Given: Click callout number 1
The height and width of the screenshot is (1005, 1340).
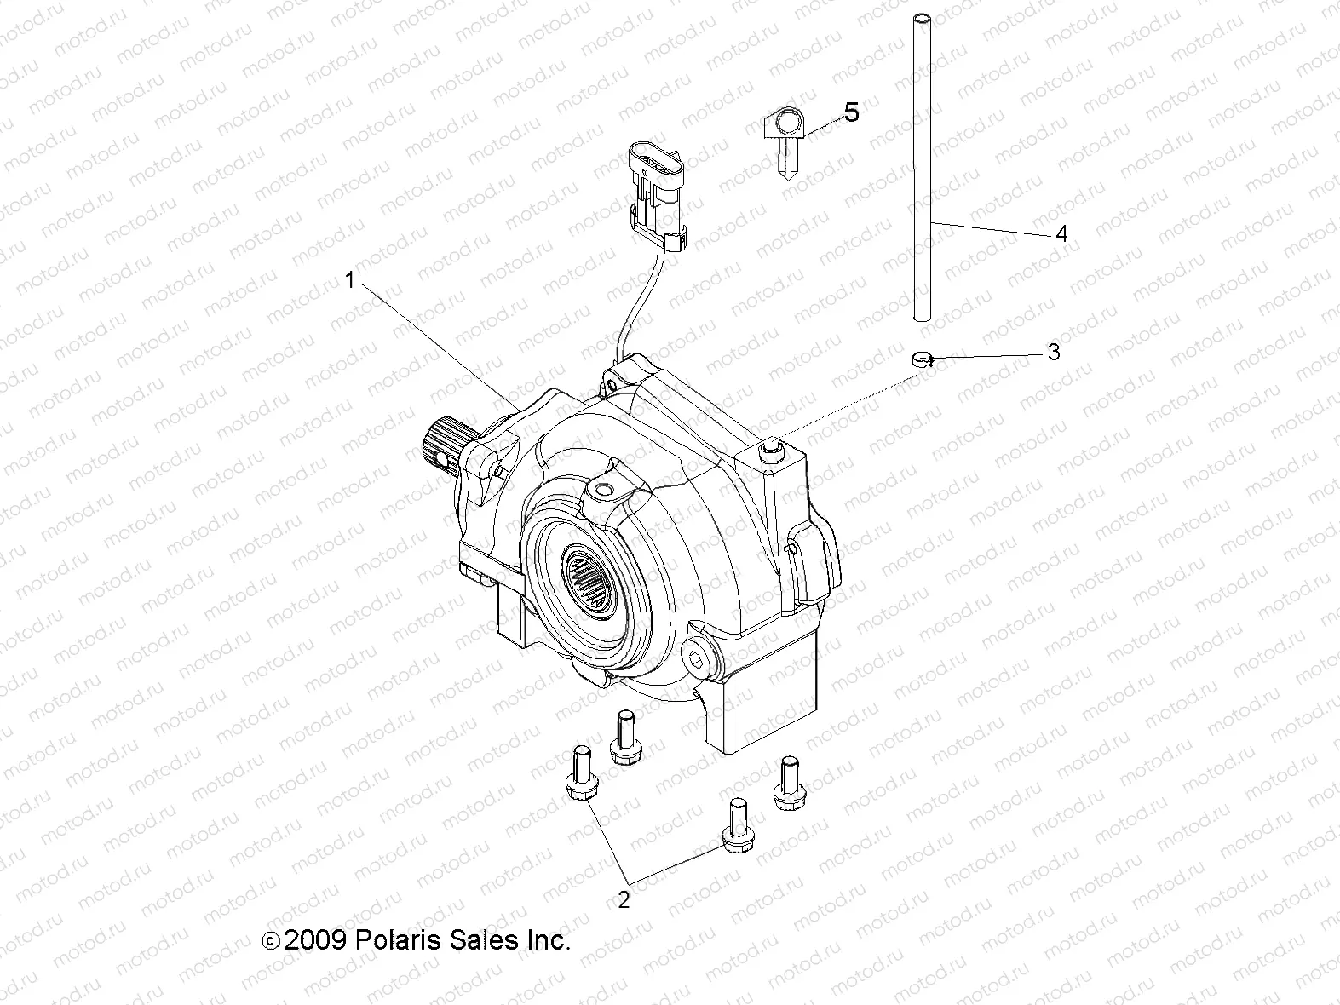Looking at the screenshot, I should (348, 280).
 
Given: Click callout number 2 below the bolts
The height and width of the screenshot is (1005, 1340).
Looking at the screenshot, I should (624, 899).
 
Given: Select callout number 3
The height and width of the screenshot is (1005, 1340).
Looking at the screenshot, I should (1054, 352).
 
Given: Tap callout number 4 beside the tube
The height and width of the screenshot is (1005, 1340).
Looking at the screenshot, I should (1061, 233).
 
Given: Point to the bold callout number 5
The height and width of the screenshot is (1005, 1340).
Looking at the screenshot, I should (851, 112).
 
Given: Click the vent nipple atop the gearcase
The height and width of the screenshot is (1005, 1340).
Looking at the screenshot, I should (773, 448).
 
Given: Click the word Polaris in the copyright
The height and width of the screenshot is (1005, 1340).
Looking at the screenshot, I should (400, 940).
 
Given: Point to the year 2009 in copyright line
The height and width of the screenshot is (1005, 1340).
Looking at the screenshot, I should (313, 940).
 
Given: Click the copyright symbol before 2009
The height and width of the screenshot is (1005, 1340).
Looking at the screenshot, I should (270, 942).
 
